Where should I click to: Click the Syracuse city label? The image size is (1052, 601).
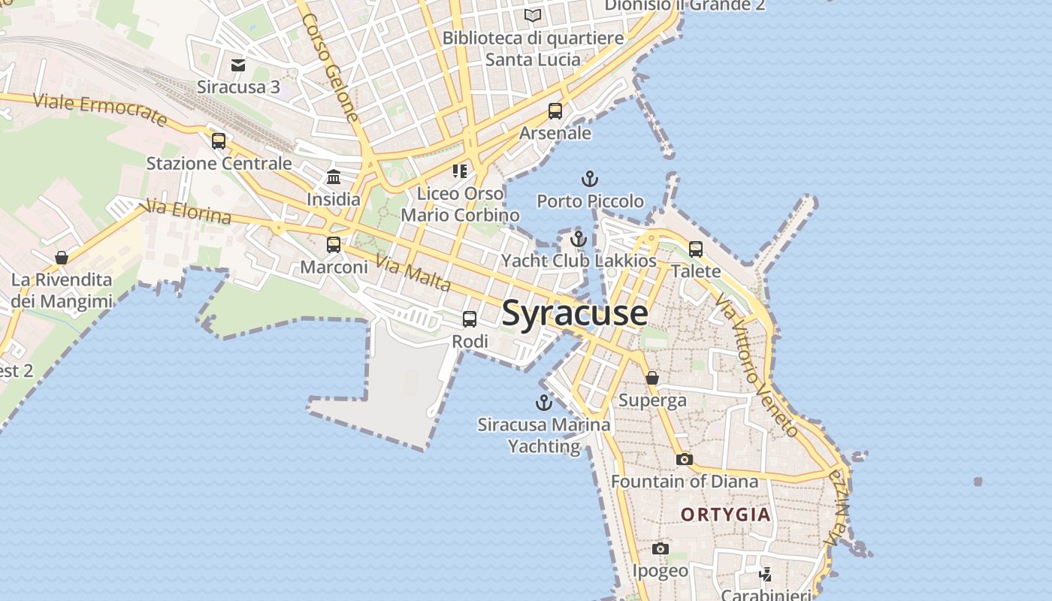pyautogui.click(x=575, y=313)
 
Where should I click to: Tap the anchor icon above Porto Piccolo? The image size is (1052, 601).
pyautogui.click(x=590, y=179)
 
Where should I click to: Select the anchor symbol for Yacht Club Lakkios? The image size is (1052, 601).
pyautogui.click(x=579, y=239)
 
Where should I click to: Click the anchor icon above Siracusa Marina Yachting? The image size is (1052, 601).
pyautogui.click(x=543, y=403)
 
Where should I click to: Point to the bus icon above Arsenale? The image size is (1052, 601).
pyautogui.click(x=555, y=111)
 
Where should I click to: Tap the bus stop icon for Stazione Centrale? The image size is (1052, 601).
pyautogui.click(x=219, y=140)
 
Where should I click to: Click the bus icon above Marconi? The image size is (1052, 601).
pyautogui.click(x=334, y=244)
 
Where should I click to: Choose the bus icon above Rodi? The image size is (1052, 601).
pyautogui.click(x=470, y=319)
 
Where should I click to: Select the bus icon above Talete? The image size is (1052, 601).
pyautogui.click(x=696, y=249)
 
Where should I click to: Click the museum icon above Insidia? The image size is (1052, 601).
pyautogui.click(x=334, y=177)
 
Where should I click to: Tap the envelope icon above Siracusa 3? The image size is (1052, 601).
pyautogui.click(x=238, y=65)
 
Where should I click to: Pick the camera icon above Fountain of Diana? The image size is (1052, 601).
pyautogui.click(x=684, y=459)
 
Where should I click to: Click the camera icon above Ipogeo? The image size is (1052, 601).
pyautogui.click(x=661, y=549)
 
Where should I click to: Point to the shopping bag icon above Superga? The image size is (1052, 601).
pyautogui.click(x=652, y=378)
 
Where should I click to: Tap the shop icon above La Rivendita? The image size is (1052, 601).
pyautogui.click(x=62, y=258)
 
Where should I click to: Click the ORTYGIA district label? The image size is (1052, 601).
pyautogui.click(x=726, y=515)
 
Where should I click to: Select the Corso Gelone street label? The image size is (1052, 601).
pyautogui.click(x=331, y=67)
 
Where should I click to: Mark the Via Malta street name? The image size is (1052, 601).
pyautogui.click(x=413, y=274)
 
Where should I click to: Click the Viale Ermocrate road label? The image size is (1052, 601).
pyautogui.click(x=99, y=110)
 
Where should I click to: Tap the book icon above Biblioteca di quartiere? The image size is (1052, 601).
pyautogui.click(x=533, y=15)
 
